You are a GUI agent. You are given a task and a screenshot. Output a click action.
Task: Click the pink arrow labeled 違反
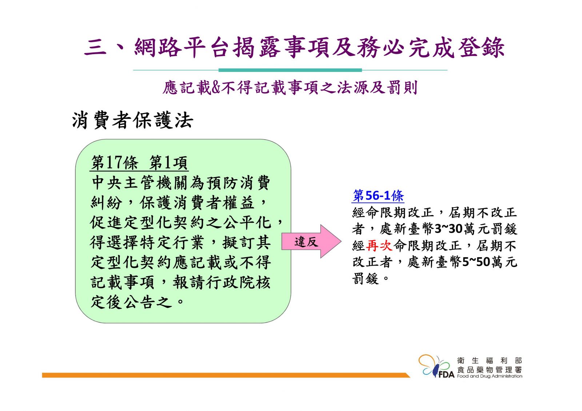(x=311, y=241)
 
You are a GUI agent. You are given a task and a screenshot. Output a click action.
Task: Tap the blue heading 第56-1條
(x=378, y=196)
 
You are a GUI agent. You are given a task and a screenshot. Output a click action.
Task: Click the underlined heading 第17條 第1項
(x=139, y=163)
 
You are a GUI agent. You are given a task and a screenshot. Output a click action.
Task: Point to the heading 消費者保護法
(x=132, y=120)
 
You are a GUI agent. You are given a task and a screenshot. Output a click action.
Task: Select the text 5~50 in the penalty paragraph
(x=476, y=262)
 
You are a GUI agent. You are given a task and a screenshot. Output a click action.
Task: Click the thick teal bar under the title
(x=290, y=70)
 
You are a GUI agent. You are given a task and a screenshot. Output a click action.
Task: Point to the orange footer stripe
(x=226, y=375)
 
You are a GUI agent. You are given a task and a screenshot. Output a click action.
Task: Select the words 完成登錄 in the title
(x=457, y=48)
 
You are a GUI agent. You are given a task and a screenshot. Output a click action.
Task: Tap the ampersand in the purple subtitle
(x=216, y=88)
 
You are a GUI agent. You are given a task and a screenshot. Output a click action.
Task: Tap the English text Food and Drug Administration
(x=490, y=376)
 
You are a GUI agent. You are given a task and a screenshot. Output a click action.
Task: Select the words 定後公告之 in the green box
(x=131, y=302)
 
